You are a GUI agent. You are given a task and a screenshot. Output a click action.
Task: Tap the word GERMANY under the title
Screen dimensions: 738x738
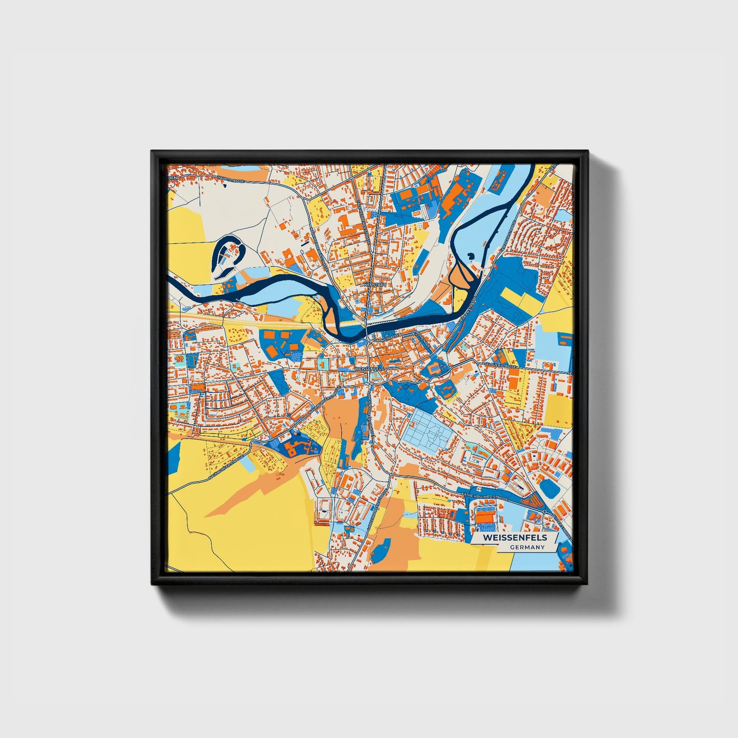[527, 547]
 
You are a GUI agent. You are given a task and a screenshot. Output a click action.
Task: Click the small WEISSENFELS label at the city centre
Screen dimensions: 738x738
[368, 368]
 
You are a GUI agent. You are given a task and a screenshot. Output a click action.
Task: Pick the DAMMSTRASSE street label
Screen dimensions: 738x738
[387, 338]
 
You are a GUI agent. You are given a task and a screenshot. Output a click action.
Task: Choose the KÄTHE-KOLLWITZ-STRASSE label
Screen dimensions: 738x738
[485, 496]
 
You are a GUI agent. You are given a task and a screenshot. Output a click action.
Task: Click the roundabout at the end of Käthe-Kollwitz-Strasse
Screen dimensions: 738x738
[545, 511]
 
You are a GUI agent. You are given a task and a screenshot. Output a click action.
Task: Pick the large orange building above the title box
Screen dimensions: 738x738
[486, 517]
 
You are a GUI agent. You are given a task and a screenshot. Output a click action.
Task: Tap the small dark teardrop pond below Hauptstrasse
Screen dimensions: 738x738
[224, 185]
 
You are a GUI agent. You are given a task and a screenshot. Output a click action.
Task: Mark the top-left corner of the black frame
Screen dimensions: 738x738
[152, 151]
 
